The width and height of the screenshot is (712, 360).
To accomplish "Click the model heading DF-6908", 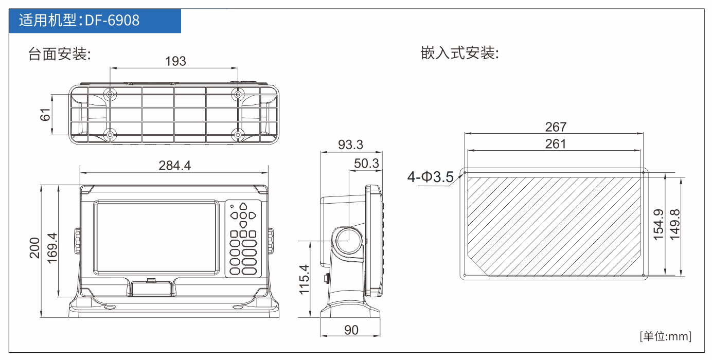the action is pyautogui.click(x=112, y=21).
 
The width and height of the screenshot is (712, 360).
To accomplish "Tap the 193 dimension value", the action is pyautogui.click(x=175, y=61).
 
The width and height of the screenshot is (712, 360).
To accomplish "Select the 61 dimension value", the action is pyautogui.click(x=45, y=115).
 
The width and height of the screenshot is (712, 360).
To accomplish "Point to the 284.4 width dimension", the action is pyautogui.click(x=174, y=166).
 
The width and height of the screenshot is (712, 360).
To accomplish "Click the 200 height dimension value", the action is pyautogui.click(x=34, y=248).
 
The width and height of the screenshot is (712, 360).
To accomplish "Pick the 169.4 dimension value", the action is pyautogui.click(x=52, y=248).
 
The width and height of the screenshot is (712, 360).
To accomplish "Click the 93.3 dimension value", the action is pyautogui.click(x=350, y=145).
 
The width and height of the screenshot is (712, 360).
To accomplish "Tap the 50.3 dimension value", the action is pyautogui.click(x=366, y=164).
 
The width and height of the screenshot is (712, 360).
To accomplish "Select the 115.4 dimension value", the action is pyautogui.click(x=304, y=280).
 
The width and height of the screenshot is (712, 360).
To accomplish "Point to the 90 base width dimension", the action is pyautogui.click(x=351, y=330).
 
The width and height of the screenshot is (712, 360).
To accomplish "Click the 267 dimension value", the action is pyautogui.click(x=556, y=127).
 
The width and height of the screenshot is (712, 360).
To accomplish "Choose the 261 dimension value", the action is pyautogui.click(x=556, y=144).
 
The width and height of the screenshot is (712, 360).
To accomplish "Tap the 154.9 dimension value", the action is pyautogui.click(x=658, y=225).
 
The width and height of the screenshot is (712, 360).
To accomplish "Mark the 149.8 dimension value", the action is pyautogui.click(x=675, y=225).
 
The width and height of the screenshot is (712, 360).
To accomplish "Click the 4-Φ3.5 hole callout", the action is pyautogui.click(x=431, y=177).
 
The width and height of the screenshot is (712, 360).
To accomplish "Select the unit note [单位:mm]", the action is pyautogui.click(x=666, y=336).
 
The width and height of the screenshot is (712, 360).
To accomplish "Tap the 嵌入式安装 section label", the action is pyautogui.click(x=459, y=53).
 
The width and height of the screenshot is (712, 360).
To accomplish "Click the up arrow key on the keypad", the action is pyautogui.click(x=243, y=206).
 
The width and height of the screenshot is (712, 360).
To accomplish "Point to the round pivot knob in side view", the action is pyautogui.click(x=349, y=241).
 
